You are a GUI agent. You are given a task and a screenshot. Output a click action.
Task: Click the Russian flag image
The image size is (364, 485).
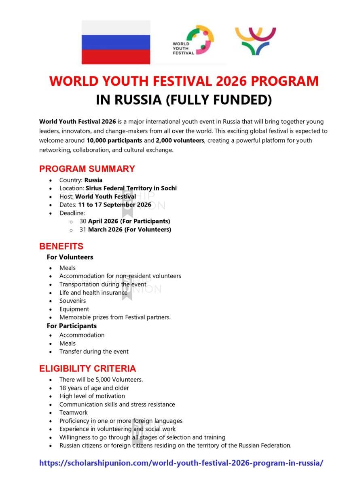(116, 42)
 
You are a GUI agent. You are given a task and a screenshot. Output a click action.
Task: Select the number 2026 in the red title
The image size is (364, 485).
(231, 81)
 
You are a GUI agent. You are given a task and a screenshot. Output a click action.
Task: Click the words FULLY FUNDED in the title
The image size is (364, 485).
(219, 100)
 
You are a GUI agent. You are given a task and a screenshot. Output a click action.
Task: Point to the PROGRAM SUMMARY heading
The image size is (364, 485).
(87, 169)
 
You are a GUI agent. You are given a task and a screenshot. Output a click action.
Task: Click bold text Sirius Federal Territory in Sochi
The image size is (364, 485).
(131, 188)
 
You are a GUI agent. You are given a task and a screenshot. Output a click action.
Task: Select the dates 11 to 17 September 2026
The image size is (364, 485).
(114, 205)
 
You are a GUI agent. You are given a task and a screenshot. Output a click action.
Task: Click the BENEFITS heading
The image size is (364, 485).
(61, 246)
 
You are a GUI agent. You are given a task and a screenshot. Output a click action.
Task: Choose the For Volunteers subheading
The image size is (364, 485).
(70, 257)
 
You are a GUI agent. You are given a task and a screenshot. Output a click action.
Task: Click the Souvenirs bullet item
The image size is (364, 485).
(72, 301)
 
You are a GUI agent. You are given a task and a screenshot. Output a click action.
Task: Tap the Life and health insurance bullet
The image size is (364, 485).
(93, 293)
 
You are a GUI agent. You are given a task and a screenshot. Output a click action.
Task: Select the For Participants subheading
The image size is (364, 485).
(72, 326)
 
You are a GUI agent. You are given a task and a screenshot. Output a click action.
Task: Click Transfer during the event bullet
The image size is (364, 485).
(94, 352)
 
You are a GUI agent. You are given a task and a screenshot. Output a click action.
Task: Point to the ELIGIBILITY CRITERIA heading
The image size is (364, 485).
(87, 369)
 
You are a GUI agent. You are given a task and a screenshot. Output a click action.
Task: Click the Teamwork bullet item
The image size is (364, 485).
(73, 413)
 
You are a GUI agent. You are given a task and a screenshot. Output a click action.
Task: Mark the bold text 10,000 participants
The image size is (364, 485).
(114, 141)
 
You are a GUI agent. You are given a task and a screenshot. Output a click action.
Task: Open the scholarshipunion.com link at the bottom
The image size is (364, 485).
(181, 463)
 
